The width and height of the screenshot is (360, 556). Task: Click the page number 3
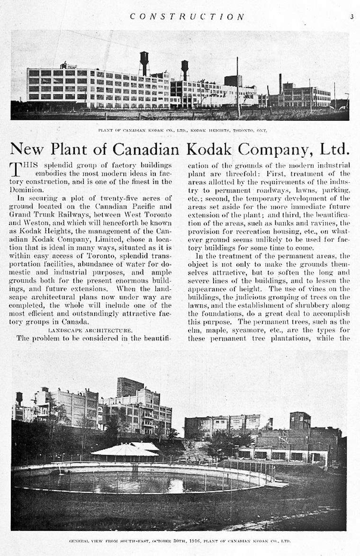(352, 16)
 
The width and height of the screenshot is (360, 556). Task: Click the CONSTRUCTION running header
(187, 16)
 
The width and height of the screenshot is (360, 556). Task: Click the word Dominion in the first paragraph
(27, 189)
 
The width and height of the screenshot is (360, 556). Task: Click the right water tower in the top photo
(184, 68)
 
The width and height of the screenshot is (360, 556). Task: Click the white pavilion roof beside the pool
(126, 449)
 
